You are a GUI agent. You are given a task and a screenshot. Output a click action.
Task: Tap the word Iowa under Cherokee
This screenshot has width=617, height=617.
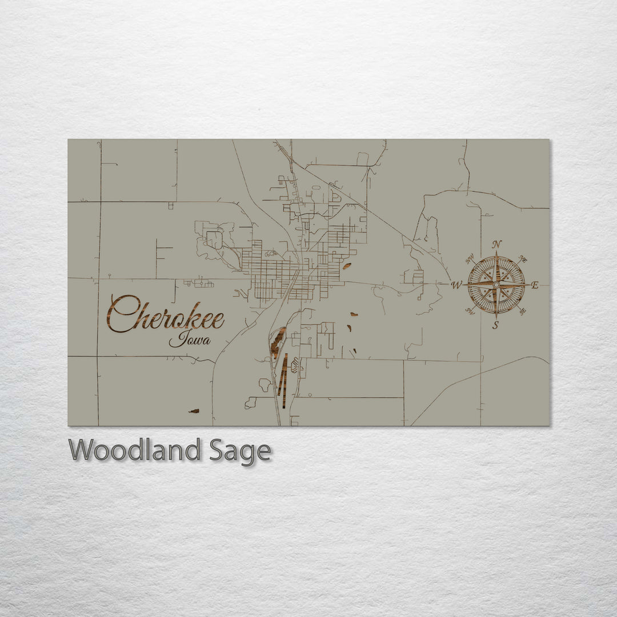pos(190,340)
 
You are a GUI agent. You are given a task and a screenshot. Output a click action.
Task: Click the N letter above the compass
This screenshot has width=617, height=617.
pos(497,245)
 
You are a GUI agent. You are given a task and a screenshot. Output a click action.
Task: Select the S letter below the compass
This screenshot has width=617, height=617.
pos(495,326)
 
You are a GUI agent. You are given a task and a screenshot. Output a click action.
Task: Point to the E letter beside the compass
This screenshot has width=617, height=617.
pos(535,285)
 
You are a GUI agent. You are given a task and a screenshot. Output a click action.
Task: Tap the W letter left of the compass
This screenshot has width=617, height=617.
pos(456,285)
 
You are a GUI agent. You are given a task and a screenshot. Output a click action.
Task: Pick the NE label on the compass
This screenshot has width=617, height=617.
pos(523,259)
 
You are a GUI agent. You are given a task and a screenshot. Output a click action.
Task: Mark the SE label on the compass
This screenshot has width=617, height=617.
pos(522,311)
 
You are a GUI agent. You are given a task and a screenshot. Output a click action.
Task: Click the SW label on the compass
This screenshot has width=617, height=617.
pos(470,311)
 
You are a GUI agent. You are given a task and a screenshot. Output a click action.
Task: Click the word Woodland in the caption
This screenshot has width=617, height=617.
pos(134,451)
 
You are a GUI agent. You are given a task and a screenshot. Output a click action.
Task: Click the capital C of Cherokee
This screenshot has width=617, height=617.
pos(121,314)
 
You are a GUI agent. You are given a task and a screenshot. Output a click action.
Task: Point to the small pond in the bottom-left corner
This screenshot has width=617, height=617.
pos(194,411)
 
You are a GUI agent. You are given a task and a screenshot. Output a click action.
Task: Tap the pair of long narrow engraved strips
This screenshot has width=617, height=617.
pos(282,374)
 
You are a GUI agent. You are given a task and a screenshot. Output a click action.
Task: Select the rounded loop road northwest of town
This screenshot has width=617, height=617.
pos(214,239)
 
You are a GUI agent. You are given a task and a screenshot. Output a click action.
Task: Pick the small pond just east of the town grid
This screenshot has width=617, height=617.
pos(347,266)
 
